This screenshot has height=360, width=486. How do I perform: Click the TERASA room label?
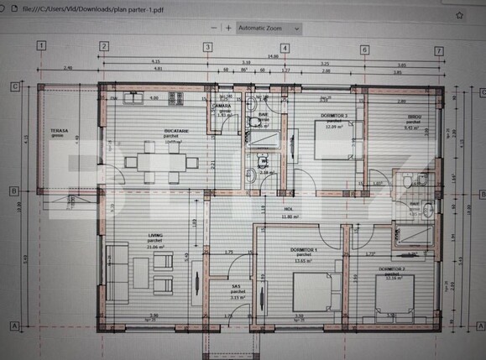[x=59, y=132]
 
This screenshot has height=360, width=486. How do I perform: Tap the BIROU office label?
[x=412, y=118]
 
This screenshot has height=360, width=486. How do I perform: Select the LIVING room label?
[x=131, y=237]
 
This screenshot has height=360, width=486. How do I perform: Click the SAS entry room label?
[x=238, y=287]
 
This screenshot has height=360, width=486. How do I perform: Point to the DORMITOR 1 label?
[x=299, y=250]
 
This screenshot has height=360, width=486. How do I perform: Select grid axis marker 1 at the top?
[x=40, y=46]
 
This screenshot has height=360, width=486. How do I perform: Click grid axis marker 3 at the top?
[x=207, y=47]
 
